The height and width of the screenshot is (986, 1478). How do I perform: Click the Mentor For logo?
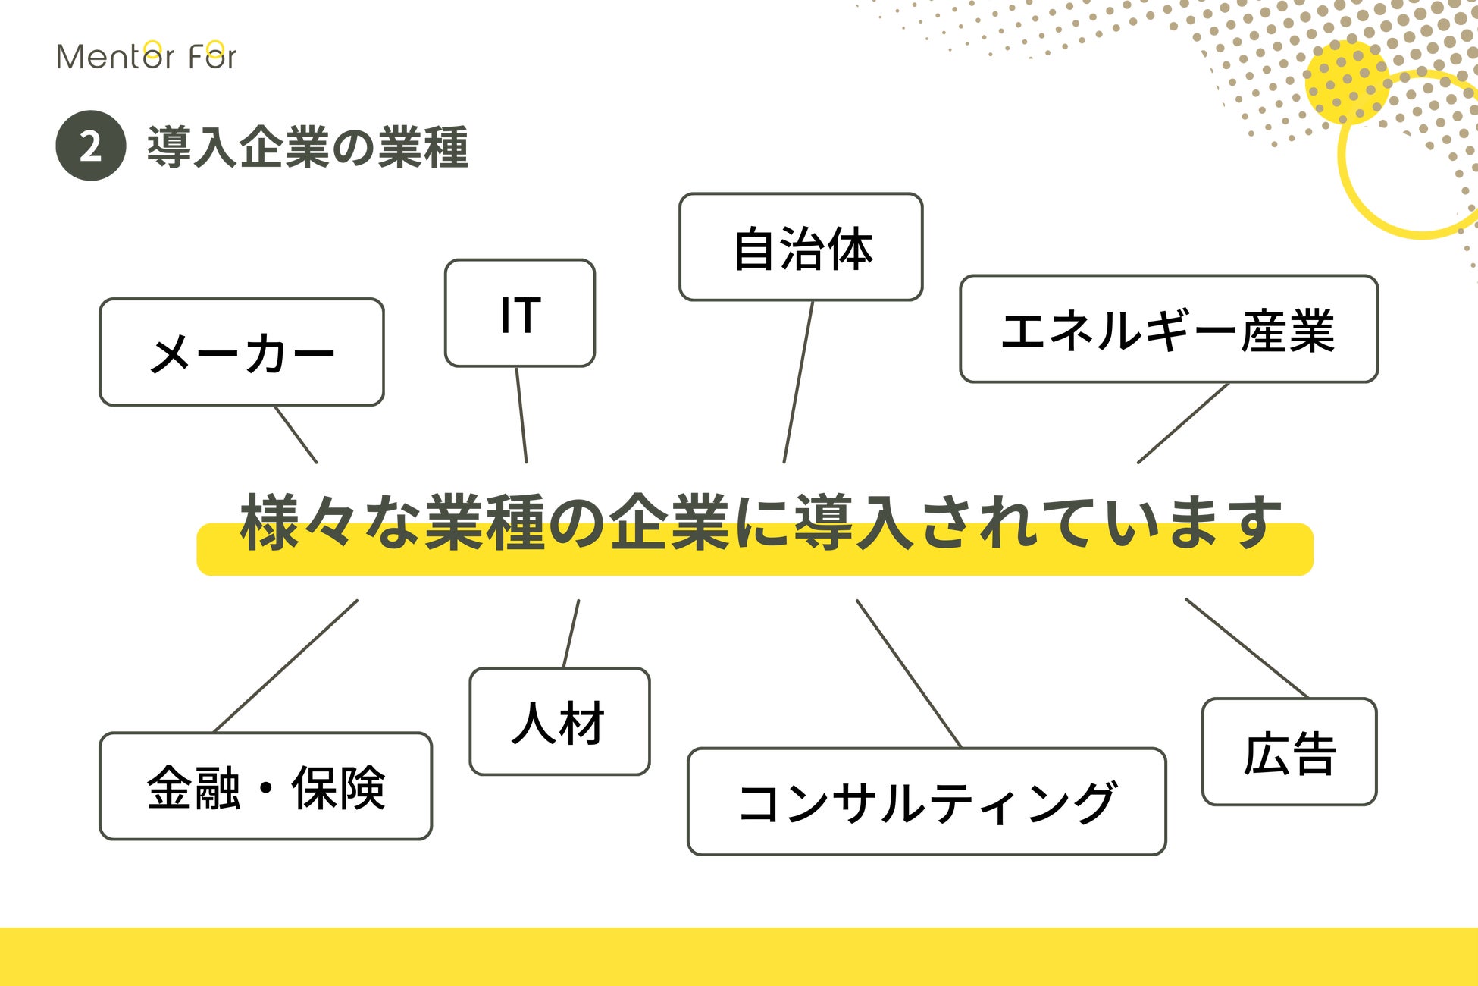(146, 56)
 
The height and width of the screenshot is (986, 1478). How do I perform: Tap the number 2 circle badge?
(90, 146)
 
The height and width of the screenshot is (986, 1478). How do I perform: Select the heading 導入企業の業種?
(307, 146)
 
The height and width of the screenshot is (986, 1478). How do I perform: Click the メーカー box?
(242, 352)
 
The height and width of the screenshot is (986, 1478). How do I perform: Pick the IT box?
(520, 313)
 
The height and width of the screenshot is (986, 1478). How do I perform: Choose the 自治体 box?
(800, 247)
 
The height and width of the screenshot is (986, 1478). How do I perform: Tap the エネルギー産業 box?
(1168, 329)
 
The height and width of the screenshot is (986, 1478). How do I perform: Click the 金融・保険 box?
(265, 787)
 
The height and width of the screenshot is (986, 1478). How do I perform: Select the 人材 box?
(559, 721)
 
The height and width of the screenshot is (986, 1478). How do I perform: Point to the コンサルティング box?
(926, 802)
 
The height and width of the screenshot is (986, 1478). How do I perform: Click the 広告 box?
(1289, 752)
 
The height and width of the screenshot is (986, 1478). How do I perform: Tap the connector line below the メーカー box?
(296, 435)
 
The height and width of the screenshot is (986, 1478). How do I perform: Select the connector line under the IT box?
(521, 415)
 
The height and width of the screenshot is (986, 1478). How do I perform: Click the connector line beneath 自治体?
(798, 382)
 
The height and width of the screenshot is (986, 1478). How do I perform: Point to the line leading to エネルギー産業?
(1182, 423)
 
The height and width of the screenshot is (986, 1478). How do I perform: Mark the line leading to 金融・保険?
(287, 666)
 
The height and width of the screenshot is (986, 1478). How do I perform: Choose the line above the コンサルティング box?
(909, 674)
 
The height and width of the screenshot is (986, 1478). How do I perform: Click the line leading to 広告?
(1247, 648)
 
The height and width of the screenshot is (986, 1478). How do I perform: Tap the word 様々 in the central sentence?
(296, 523)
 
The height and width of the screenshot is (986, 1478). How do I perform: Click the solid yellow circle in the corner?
(1346, 82)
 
